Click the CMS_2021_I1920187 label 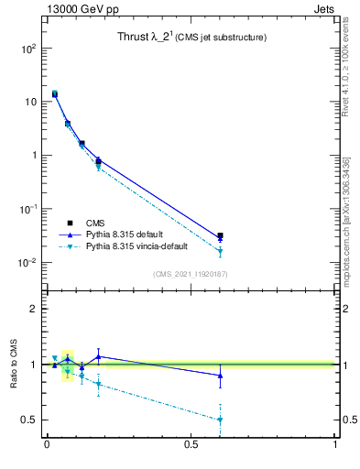[190, 274]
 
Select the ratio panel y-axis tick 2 [34, 309]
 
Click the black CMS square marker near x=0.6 [220, 236]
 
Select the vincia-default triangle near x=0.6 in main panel [220, 252]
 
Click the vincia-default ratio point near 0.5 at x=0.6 [220, 420]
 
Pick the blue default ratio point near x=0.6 [220, 375]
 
